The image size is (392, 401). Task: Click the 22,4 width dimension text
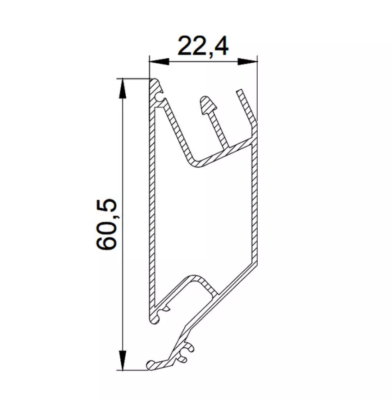coord(203,46)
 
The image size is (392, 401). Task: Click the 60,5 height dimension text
coord(106,224)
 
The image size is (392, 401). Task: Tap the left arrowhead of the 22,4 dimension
coord(159,62)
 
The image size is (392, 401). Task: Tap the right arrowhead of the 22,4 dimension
coord(247,62)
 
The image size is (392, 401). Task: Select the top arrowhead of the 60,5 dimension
coord(123,88)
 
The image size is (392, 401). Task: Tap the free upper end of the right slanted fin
coord(239,91)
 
